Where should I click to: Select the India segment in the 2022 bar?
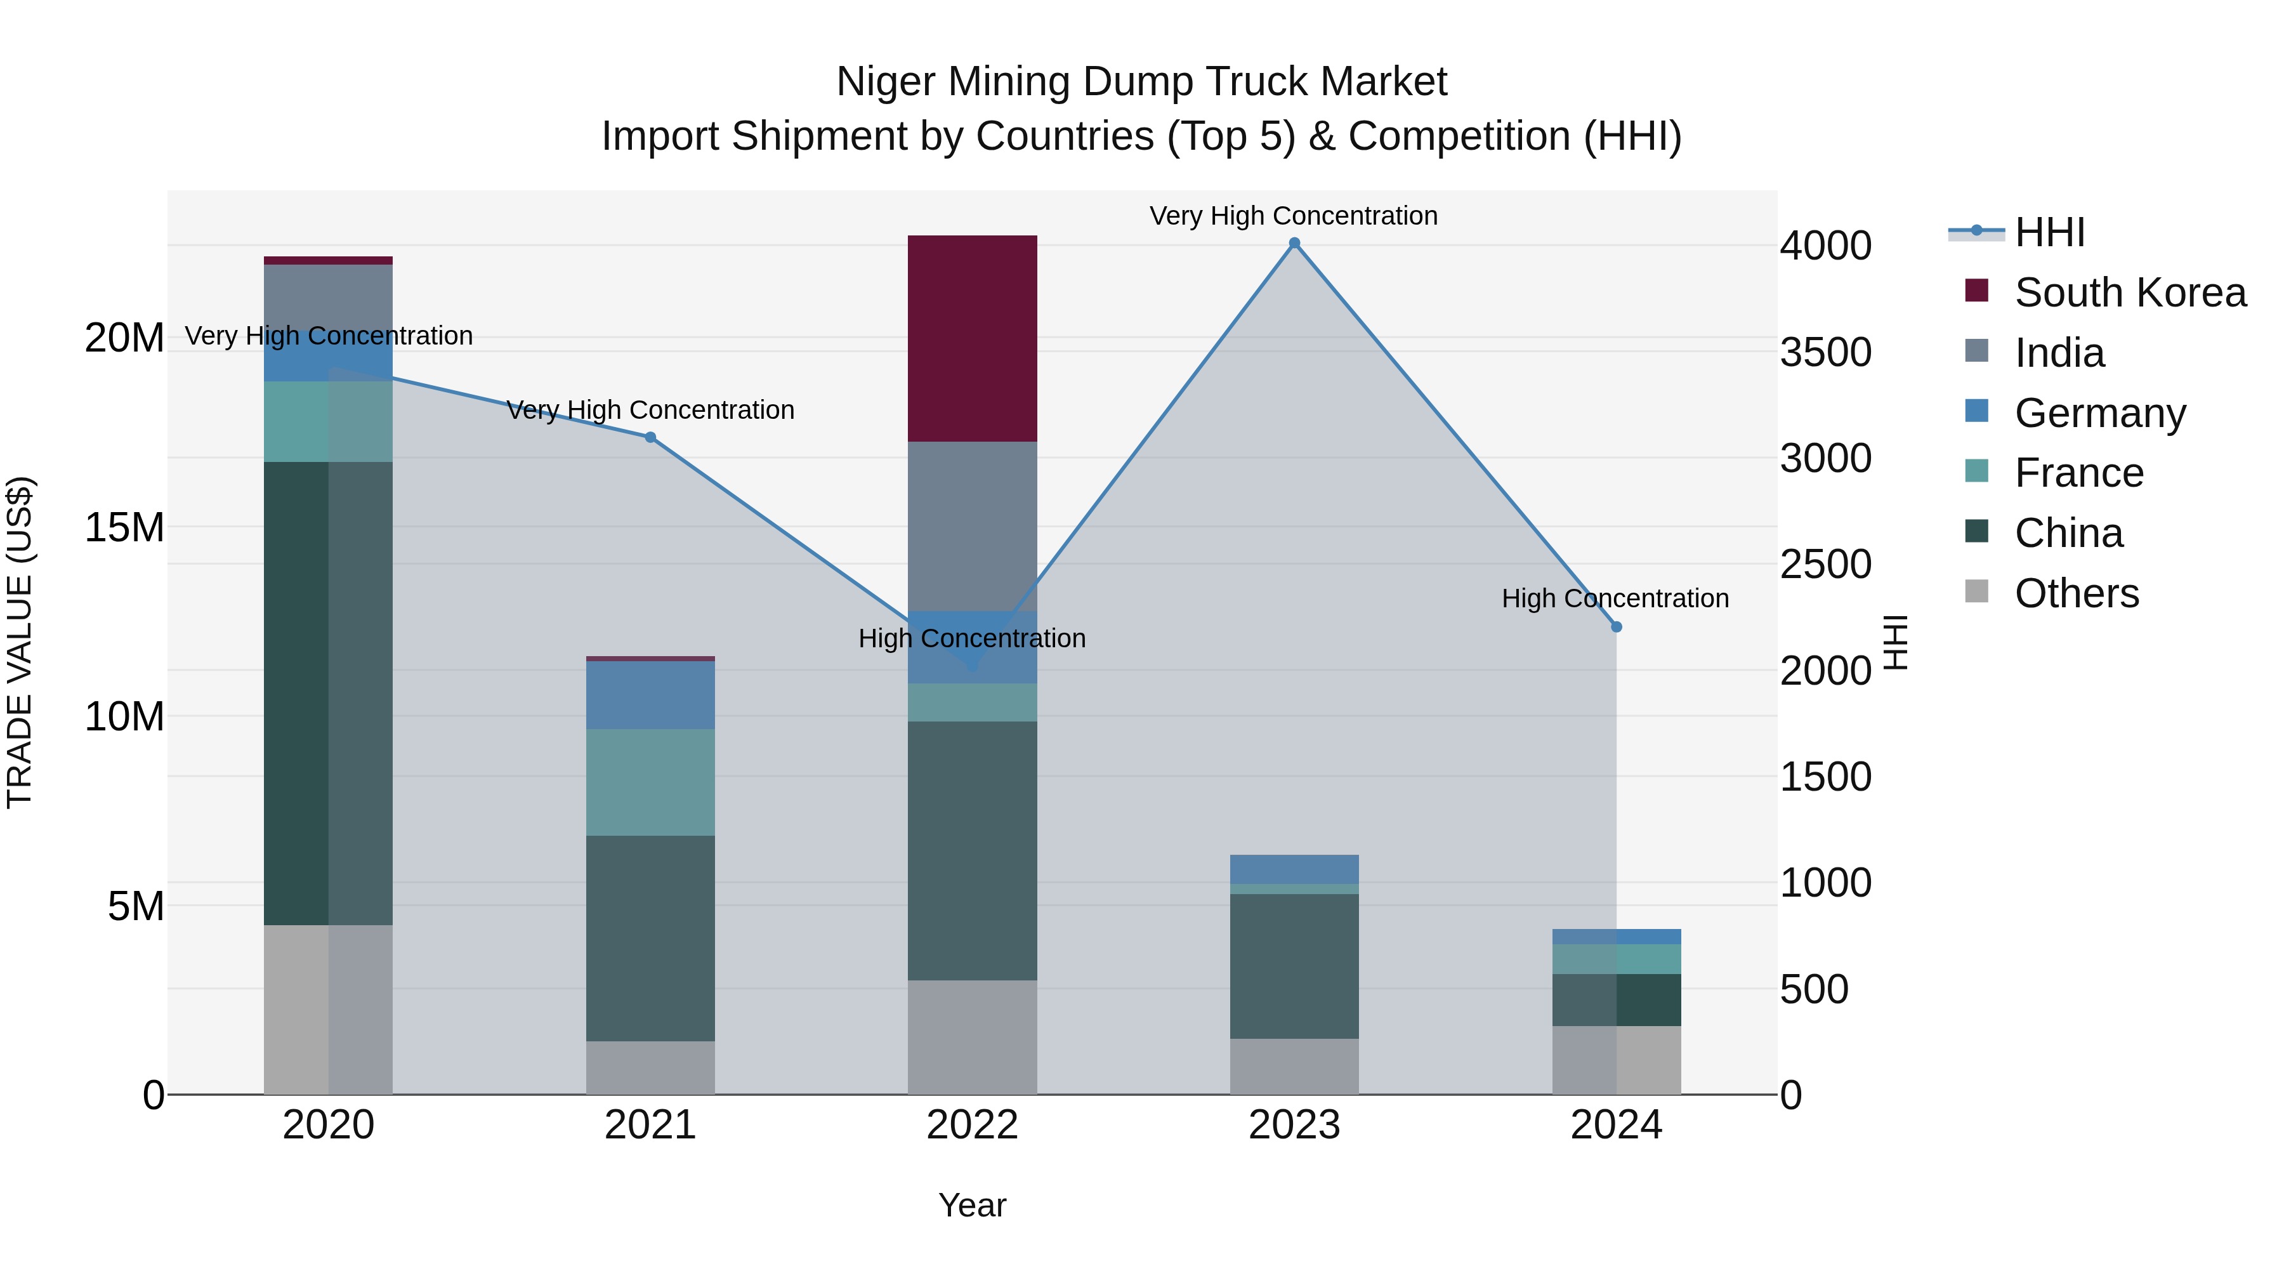(x=972, y=526)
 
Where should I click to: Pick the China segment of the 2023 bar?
(x=1294, y=966)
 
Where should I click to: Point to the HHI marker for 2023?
(x=1294, y=243)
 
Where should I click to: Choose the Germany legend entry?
(x=2099, y=413)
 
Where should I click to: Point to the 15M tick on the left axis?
(x=124, y=528)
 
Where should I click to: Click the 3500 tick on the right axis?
(x=1825, y=352)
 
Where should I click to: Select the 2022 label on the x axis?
(x=972, y=1125)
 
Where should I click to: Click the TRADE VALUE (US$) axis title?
(x=20, y=642)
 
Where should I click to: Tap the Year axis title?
(x=972, y=1205)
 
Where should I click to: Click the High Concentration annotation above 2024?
(x=1615, y=598)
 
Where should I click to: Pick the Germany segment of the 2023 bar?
(x=1294, y=868)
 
